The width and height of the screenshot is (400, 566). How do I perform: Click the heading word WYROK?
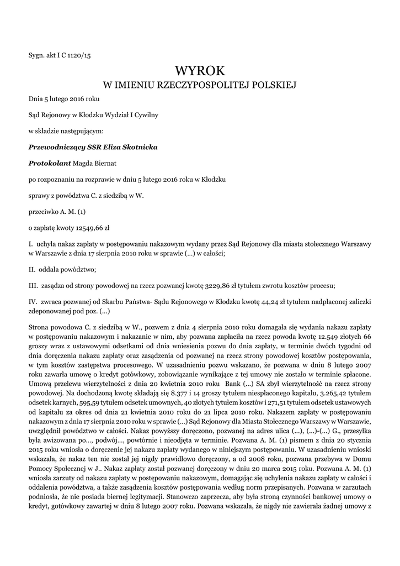click(x=200, y=71)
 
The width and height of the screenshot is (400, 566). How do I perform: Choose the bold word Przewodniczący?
click(x=57, y=147)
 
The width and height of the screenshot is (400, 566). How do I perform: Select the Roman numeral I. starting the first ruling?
click(x=31, y=243)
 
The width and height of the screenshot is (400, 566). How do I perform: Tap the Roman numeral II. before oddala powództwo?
click(x=32, y=269)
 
